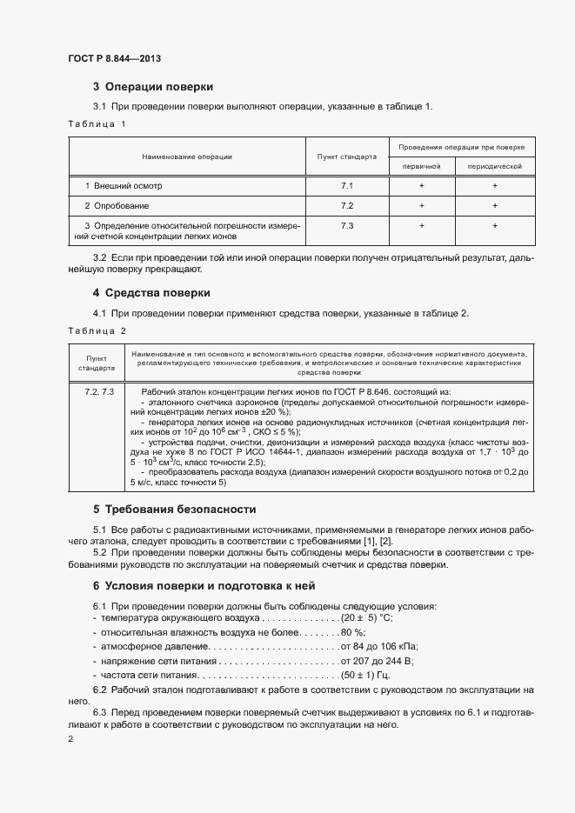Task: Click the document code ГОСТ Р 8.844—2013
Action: [x=114, y=58]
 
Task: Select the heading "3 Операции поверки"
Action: [x=153, y=87]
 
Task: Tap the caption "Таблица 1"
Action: [x=97, y=125]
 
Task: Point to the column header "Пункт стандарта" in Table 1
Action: [x=347, y=157]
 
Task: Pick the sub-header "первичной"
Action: [x=421, y=165]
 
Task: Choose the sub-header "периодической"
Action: [x=494, y=165]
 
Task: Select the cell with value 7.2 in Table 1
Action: [x=347, y=206]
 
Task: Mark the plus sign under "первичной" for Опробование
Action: [x=421, y=206]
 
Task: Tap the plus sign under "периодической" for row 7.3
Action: [x=494, y=226]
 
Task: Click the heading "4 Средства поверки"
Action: [x=151, y=292]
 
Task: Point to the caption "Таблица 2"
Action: [x=97, y=331]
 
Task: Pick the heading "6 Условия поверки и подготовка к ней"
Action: [x=204, y=586]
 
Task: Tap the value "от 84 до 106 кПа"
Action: [x=379, y=647]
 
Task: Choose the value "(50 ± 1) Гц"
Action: [x=365, y=676]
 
